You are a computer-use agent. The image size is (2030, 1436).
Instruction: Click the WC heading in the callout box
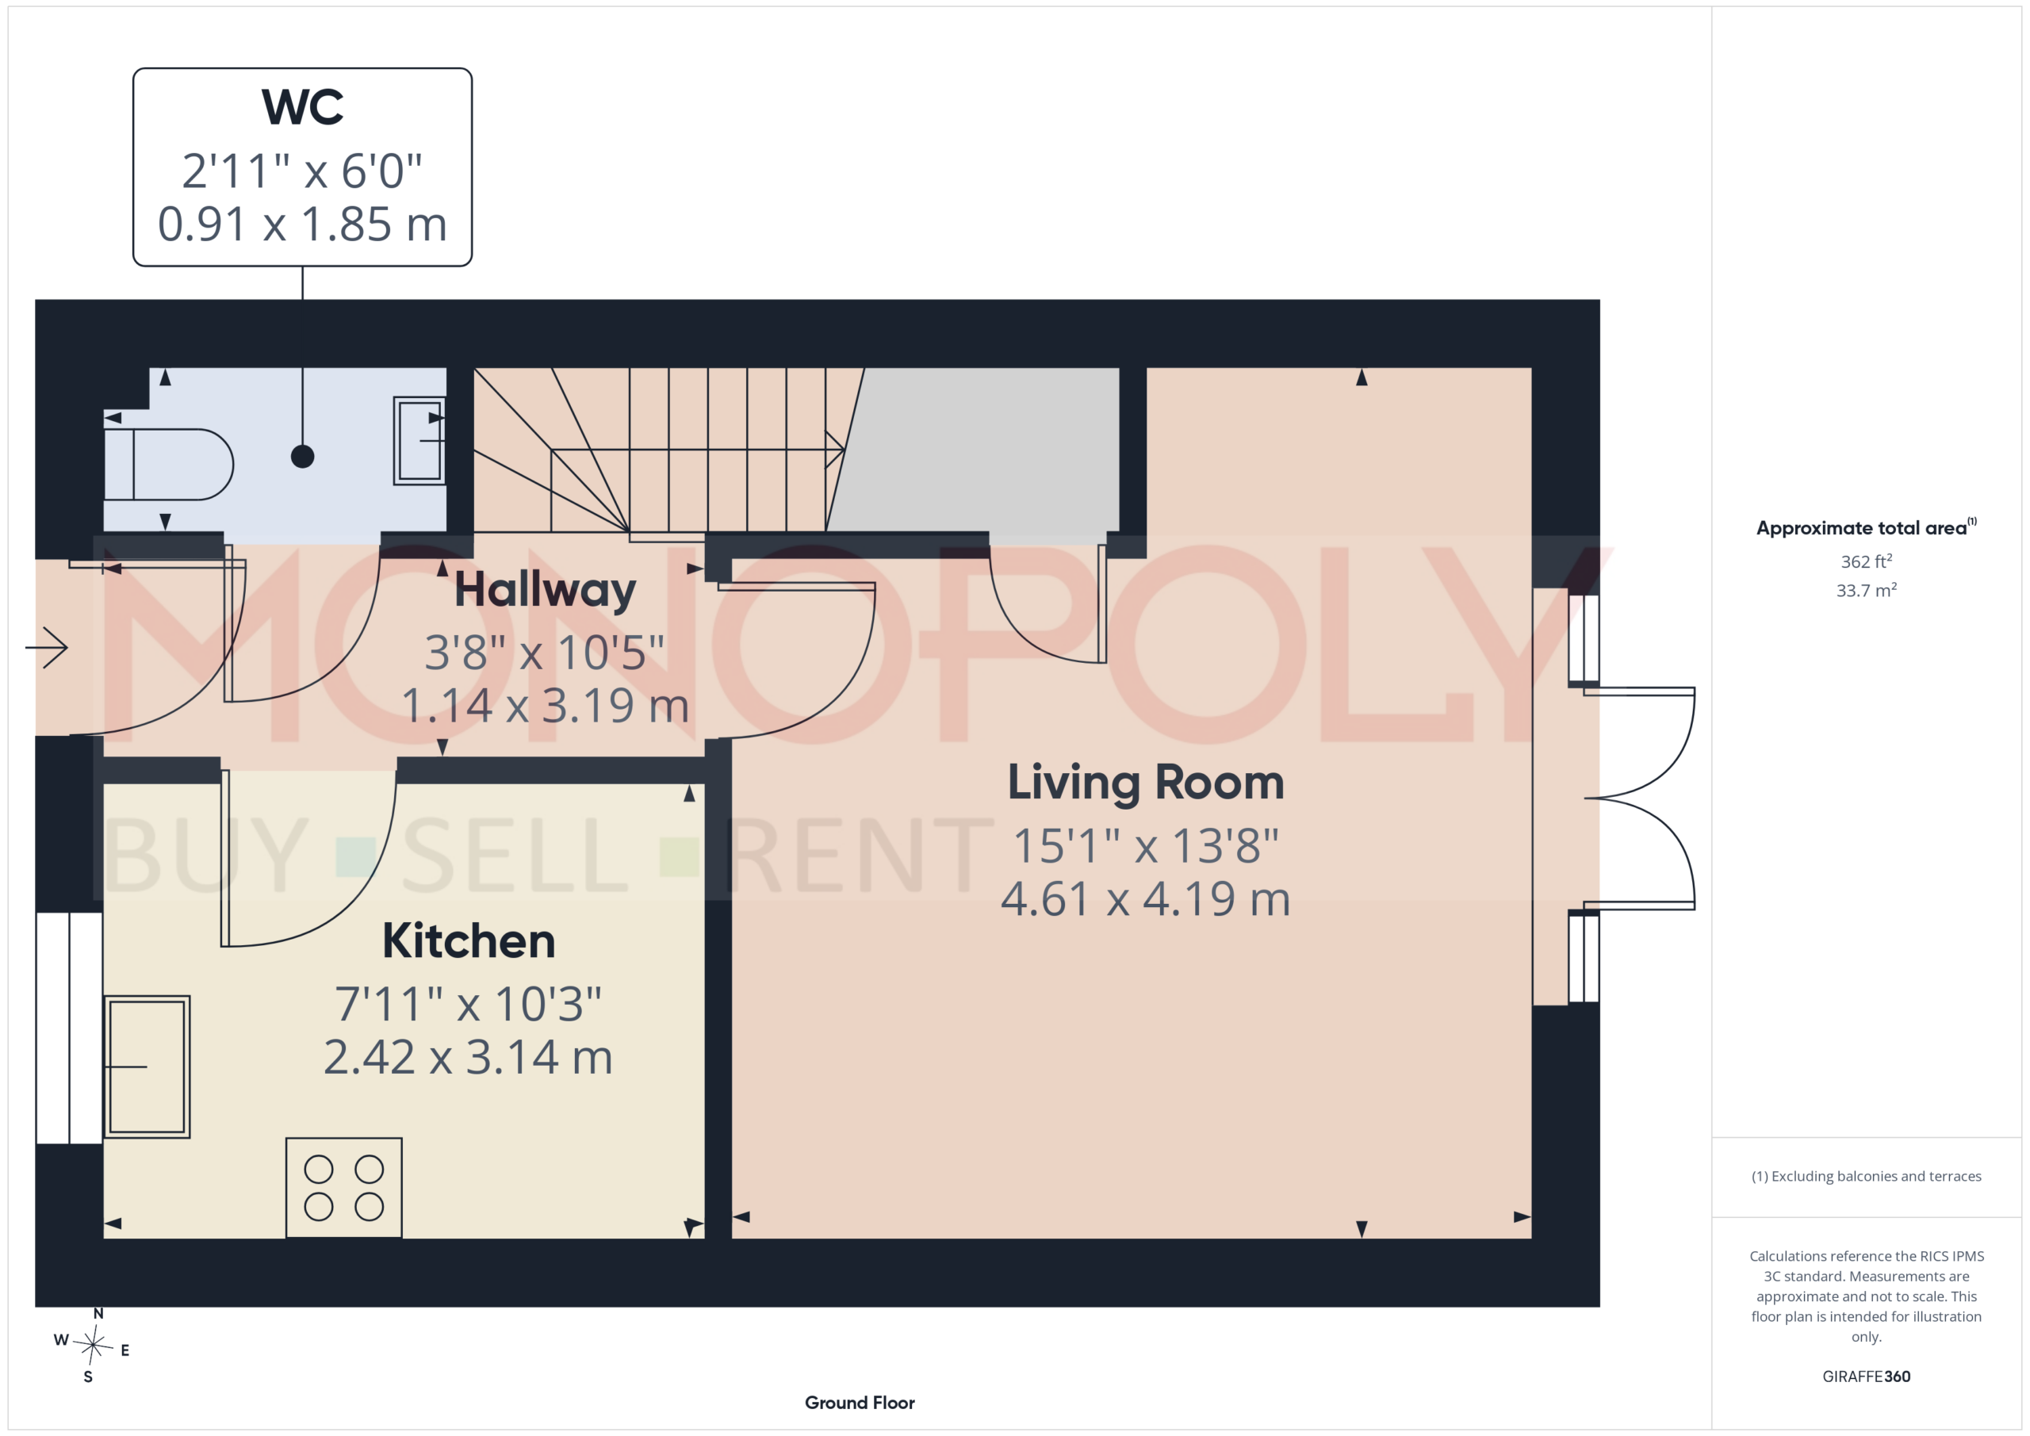click(302, 107)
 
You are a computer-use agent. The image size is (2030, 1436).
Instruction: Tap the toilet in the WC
click(168, 464)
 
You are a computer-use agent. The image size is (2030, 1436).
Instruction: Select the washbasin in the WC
click(419, 440)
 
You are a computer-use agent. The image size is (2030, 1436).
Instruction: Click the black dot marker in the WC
click(302, 456)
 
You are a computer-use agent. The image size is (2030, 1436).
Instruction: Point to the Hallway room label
click(546, 590)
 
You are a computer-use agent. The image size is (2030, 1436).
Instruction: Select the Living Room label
click(1146, 783)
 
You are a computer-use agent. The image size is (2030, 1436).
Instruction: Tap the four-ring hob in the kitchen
click(344, 1188)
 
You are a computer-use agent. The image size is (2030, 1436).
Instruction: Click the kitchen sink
click(147, 1066)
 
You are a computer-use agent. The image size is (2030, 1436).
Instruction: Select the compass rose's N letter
click(98, 1314)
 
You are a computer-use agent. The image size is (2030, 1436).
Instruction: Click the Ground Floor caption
click(860, 1403)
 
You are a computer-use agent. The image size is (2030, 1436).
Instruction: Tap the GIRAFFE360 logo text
click(1867, 1377)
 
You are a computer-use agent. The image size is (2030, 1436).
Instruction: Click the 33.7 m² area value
click(1867, 590)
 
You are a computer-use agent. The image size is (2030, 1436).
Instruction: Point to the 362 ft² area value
click(1867, 561)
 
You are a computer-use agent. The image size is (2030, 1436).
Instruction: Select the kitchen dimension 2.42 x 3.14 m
click(469, 1058)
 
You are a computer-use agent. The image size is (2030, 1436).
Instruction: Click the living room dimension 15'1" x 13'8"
click(1146, 846)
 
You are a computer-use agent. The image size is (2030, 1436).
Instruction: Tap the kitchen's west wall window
click(69, 1028)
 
